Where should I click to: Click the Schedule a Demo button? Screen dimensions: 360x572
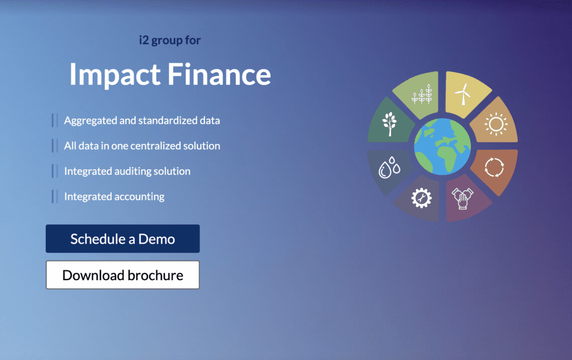[x=122, y=239]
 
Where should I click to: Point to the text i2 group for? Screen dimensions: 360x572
[x=169, y=40]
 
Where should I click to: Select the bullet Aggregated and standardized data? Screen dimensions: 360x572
[x=142, y=120]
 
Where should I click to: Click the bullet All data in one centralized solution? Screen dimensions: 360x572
[x=142, y=146]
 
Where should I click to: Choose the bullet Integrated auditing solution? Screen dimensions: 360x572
[x=127, y=171]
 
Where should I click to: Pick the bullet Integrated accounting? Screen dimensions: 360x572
[x=114, y=197]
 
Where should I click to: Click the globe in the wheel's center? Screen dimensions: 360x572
[x=442, y=147]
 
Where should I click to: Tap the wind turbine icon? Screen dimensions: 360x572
[x=463, y=95]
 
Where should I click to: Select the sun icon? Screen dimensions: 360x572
[x=495, y=124]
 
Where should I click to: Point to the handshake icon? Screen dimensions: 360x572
[x=463, y=198]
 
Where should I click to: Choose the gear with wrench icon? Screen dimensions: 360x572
[x=420, y=198]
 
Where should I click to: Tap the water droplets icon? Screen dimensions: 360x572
[x=388, y=168]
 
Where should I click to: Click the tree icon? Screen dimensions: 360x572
[x=389, y=124]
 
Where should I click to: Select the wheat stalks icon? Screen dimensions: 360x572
[x=422, y=96]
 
